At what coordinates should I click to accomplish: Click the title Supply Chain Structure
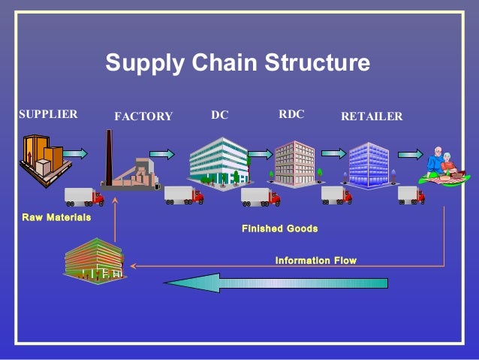pos(237,62)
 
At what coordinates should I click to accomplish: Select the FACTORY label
pos(143,116)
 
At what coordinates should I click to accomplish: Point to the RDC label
pos(291,114)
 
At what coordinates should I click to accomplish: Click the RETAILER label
pos(372,116)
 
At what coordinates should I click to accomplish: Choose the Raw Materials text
pos(57,217)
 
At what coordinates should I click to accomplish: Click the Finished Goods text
pos(279,228)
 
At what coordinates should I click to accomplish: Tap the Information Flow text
pos(315,261)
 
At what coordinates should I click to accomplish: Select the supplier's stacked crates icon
pos(42,159)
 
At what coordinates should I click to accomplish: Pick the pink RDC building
pos(294,163)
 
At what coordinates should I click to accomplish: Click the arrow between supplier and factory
pos(75,153)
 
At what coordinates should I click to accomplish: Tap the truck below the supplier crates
pos(83,196)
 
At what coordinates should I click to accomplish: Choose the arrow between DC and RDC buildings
pos(260,154)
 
